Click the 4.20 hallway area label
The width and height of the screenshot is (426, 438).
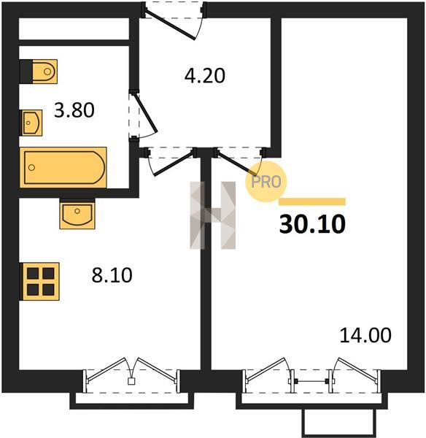[x=205, y=75]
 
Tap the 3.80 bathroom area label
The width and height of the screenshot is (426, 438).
[x=74, y=110]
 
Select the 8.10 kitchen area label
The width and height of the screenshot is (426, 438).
[x=112, y=275]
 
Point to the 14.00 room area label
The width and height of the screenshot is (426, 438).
[x=365, y=335]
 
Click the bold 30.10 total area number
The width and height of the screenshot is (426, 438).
[x=312, y=224]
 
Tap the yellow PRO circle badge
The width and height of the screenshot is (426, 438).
[x=266, y=182]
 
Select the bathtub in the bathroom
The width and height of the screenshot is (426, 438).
[x=63, y=167]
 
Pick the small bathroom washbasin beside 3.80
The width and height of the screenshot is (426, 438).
[x=32, y=123]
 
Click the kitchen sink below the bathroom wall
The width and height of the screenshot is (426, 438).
[x=77, y=214]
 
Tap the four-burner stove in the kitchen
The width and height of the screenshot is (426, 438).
[x=41, y=282]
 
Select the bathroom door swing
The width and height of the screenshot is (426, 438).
[x=143, y=115]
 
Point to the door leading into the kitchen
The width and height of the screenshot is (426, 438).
[x=171, y=162]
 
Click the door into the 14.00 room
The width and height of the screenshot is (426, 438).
[x=238, y=161]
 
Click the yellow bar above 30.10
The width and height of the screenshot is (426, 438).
[x=312, y=201]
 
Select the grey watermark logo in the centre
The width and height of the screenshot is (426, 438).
[x=213, y=215]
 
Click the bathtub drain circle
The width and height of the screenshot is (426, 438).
[x=32, y=168]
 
